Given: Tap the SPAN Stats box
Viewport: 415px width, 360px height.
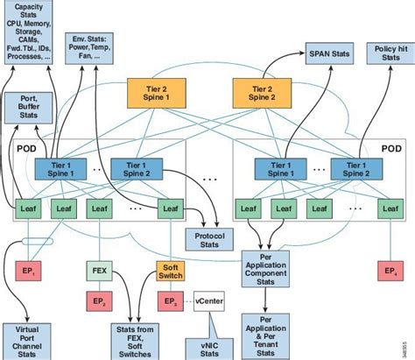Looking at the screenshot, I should (330, 54).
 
